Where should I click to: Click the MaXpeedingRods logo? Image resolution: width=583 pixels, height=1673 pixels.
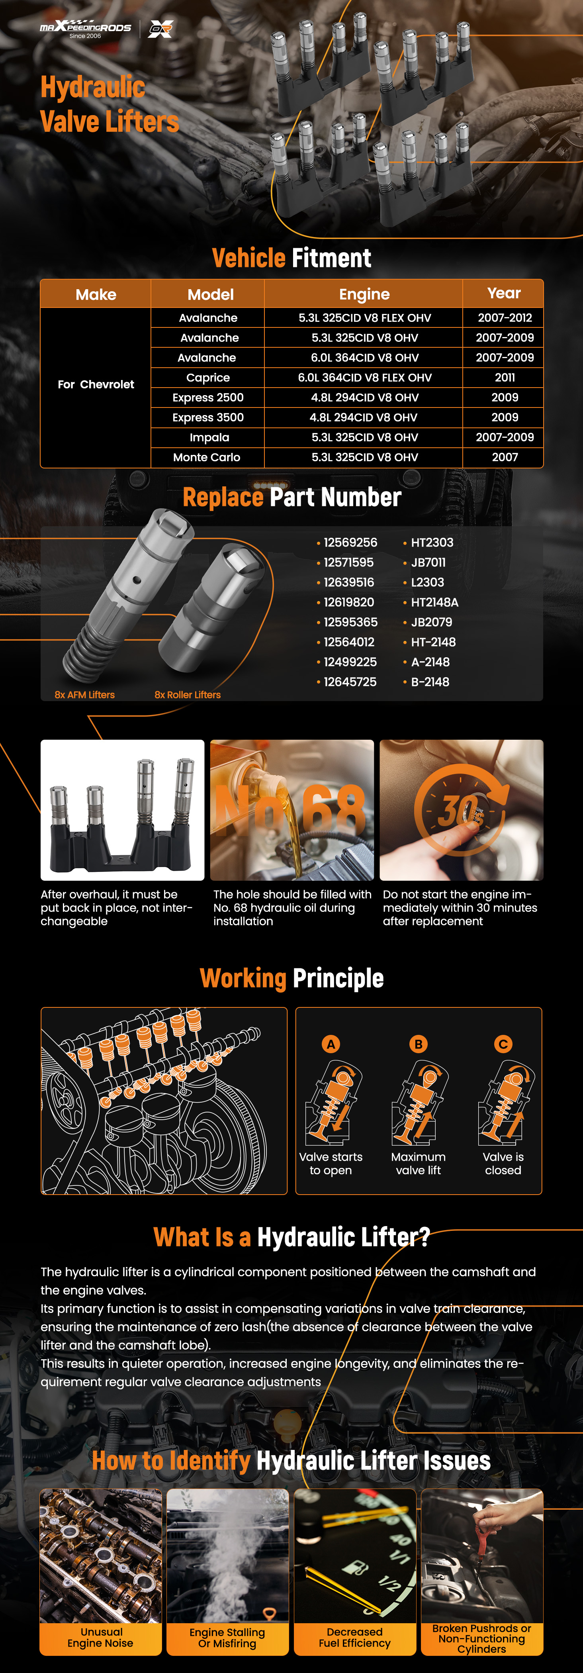86,29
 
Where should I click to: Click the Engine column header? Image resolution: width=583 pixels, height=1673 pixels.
364,294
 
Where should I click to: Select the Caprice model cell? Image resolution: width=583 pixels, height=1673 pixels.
208,377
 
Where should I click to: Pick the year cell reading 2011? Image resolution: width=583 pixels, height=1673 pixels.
505,377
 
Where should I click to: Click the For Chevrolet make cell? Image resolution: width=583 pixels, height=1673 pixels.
96,384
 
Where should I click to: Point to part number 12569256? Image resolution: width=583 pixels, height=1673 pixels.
350,542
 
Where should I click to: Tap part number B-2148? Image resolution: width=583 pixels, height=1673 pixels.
430,682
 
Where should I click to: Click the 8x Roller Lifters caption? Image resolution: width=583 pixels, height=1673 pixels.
188,695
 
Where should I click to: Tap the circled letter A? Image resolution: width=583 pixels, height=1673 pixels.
331,1044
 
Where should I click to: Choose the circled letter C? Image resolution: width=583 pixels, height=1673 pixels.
503,1044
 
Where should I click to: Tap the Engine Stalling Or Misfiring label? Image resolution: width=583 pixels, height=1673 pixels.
227,1638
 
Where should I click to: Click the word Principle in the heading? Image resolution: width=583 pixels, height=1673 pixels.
338,978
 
